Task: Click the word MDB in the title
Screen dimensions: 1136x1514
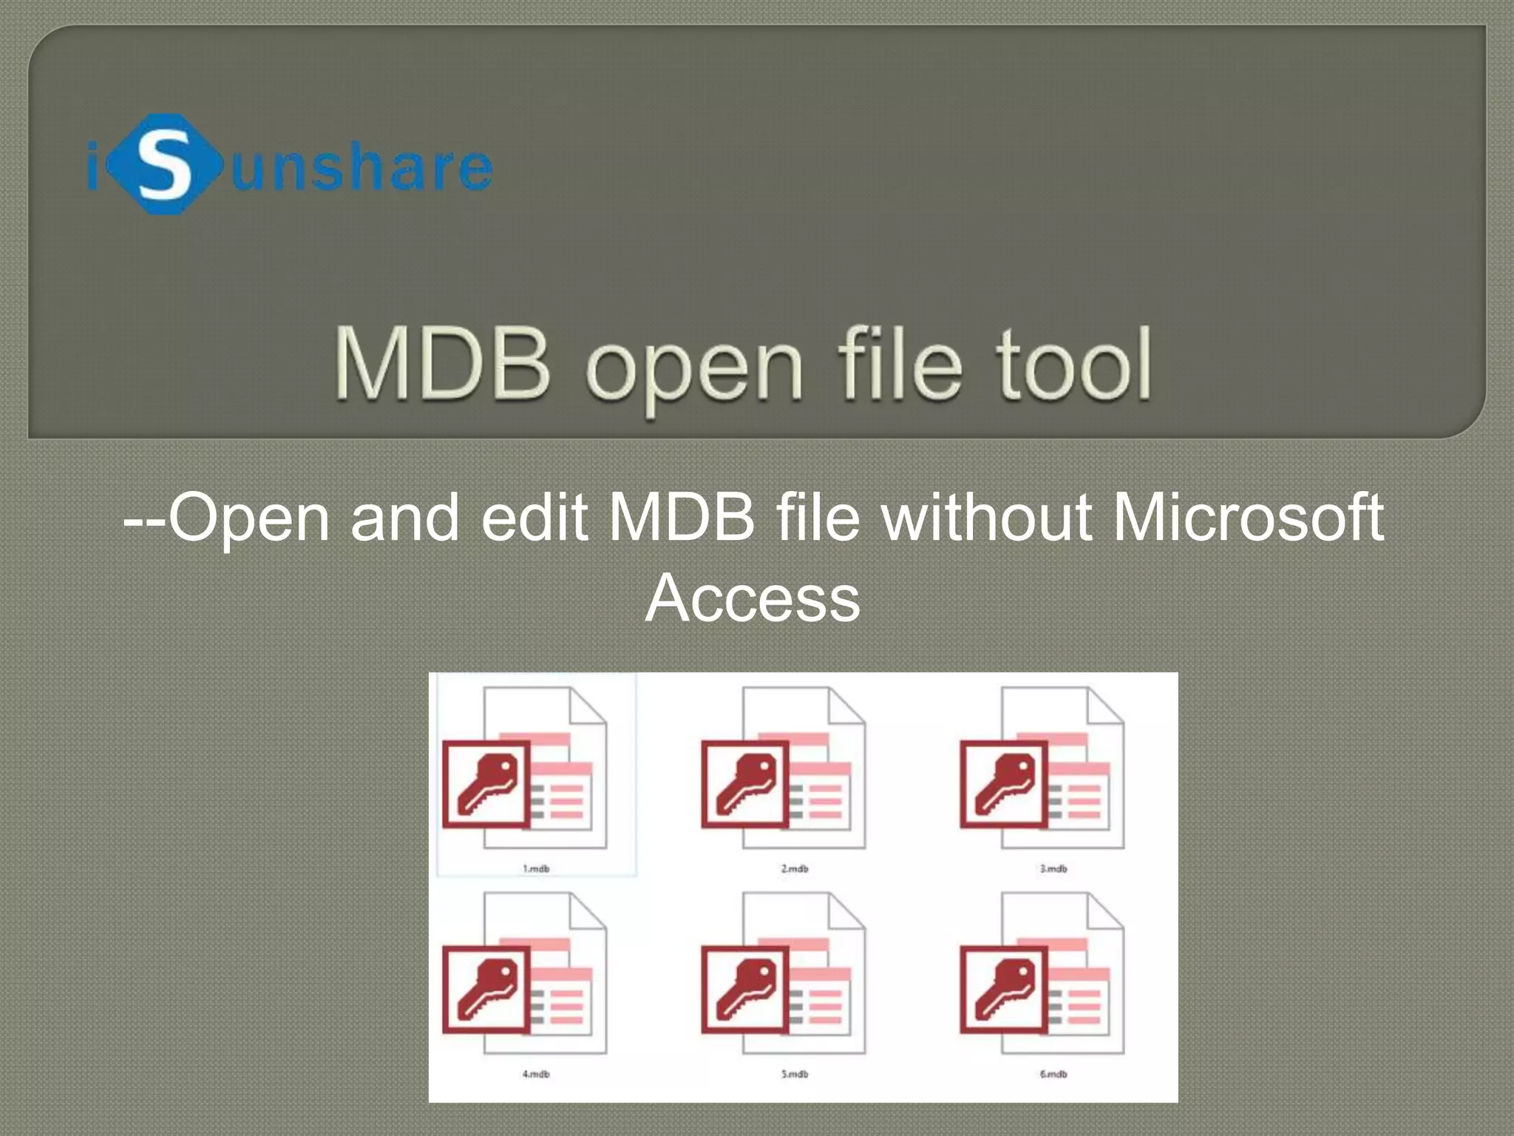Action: coord(442,365)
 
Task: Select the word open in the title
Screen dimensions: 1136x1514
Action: coord(693,368)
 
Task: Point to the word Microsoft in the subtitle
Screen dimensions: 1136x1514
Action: coord(1248,517)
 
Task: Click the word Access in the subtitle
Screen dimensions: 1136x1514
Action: coord(753,598)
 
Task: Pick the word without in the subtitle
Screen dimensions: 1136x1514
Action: coord(986,517)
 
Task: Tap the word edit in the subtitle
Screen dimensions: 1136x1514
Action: coord(534,517)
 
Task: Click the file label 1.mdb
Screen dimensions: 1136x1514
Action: coord(536,868)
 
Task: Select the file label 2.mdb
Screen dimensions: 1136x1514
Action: coord(795,868)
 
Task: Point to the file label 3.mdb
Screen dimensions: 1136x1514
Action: coord(1053,868)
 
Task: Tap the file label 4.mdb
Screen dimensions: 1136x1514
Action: coord(536,1074)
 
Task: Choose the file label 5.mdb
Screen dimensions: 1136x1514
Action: coord(795,1074)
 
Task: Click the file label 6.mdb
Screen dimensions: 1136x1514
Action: coord(1053,1074)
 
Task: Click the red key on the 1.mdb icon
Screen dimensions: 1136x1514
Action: coord(486,784)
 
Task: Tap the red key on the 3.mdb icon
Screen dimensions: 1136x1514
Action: coord(1004,784)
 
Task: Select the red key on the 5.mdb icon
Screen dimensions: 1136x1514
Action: coord(745,990)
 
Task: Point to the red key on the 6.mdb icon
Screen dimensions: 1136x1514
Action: coord(1004,990)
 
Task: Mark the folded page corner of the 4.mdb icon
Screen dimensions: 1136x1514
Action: coord(587,911)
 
